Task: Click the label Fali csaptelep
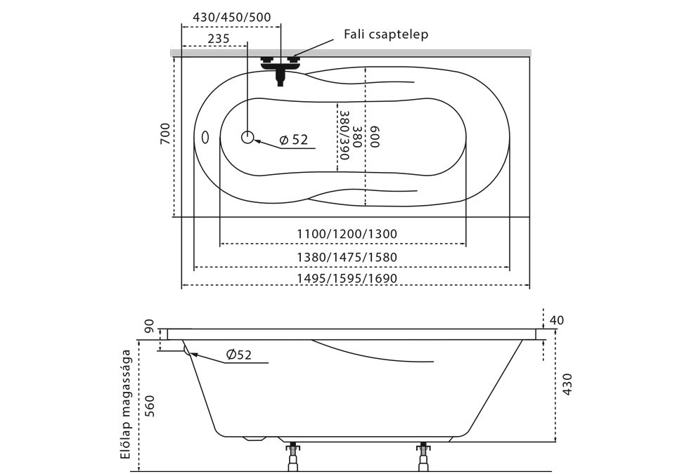click(x=386, y=34)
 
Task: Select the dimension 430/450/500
click(x=231, y=18)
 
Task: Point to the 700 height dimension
click(x=165, y=133)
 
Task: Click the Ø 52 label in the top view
click(x=294, y=140)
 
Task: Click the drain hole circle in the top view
click(x=247, y=137)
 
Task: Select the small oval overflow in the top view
click(x=205, y=137)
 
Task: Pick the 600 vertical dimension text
click(x=375, y=136)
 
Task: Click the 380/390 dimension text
click(x=344, y=135)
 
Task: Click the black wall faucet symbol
click(x=281, y=67)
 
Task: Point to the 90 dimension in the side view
click(x=149, y=327)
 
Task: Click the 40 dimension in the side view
click(x=556, y=320)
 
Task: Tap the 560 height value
click(x=149, y=406)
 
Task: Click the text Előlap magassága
click(x=127, y=404)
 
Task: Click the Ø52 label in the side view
click(x=239, y=355)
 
